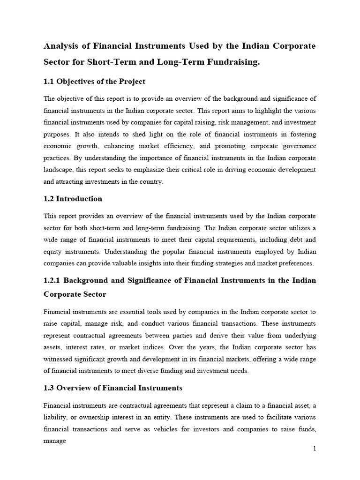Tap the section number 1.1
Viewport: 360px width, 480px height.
coord(49,82)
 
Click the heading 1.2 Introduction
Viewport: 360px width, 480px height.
coord(73,199)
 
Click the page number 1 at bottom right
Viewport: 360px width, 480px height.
coord(315,449)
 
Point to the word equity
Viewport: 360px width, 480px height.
coord(52,252)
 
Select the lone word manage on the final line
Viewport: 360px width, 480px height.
coord(54,441)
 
